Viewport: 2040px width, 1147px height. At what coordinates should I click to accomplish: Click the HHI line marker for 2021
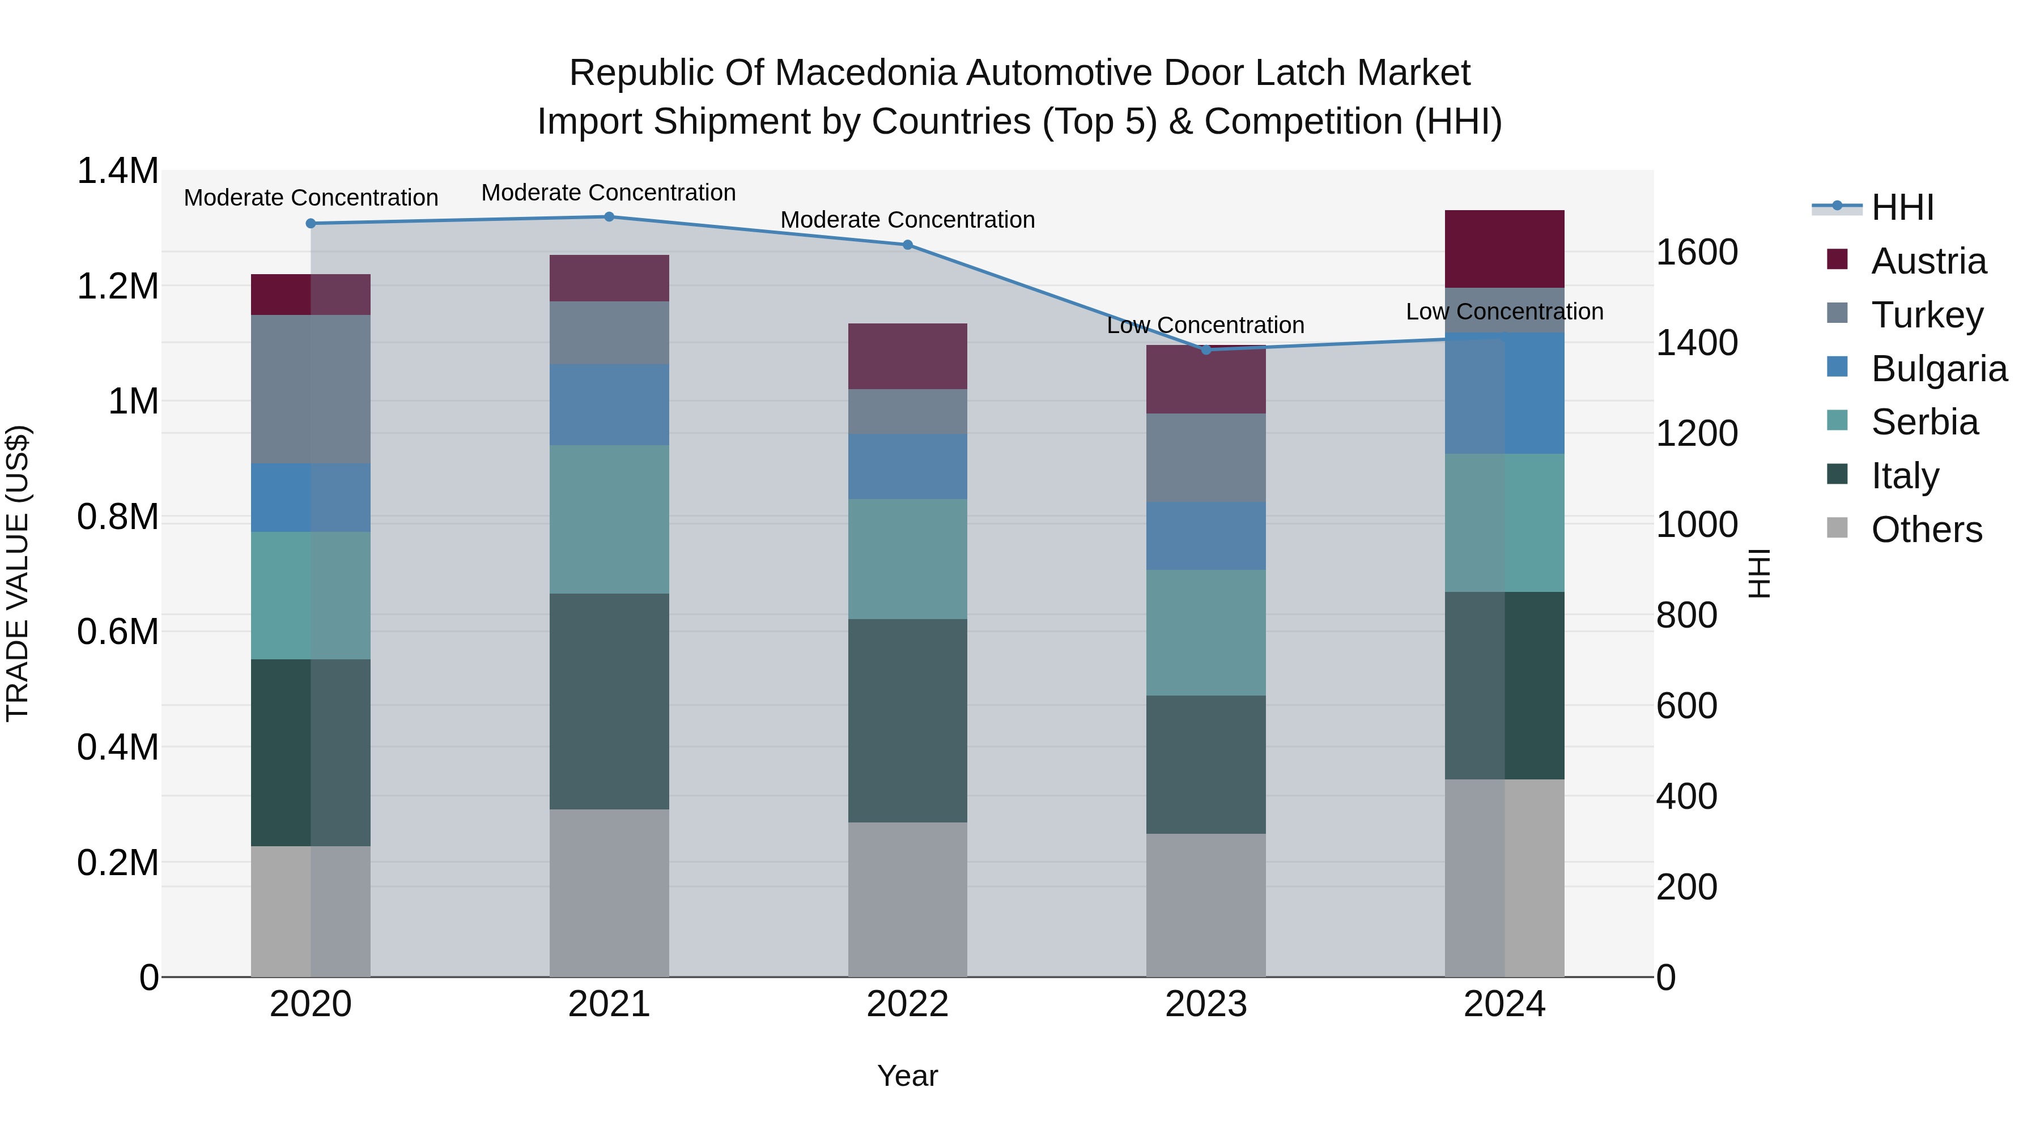click(x=609, y=217)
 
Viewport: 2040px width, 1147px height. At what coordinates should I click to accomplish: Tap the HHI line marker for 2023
click(x=1206, y=350)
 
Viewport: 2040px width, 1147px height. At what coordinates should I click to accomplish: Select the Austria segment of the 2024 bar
click(x=1504, y=249)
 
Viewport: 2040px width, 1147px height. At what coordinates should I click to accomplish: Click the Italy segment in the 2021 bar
click(x=609, y=701)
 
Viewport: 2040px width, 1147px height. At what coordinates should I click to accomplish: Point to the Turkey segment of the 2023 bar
click(x=1206, y=458)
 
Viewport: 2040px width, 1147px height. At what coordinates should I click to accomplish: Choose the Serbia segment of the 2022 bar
click(x=908, y=559)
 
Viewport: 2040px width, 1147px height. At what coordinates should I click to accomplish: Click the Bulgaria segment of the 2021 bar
click(x=609, y=404)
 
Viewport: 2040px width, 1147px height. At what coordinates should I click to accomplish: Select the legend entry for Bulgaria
click(x=1939, y=369)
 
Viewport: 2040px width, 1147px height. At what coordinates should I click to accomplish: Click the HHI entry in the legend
click(x=1902, y=207)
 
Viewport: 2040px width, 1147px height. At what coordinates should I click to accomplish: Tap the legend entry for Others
click(x=1926, y=530)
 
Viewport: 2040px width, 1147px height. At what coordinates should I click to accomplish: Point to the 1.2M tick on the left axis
click(x=118, y=286)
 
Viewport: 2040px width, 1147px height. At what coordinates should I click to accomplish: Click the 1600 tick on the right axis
click(x=1696, y=253)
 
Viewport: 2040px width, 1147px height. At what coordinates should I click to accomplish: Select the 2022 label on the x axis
click(x=908, y=1004)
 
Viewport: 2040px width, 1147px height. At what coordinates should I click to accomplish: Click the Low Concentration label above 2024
click(x=1504, y=312)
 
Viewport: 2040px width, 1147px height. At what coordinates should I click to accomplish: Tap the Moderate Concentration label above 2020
click(x=311, y=198)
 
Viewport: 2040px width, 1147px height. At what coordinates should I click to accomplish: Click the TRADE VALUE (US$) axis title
click(x=18, y=573)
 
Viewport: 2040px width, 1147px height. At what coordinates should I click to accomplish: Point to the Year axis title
click(x=908, y=1076)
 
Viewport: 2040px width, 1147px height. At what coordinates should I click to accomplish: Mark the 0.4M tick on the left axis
click(x=118, y=747)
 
